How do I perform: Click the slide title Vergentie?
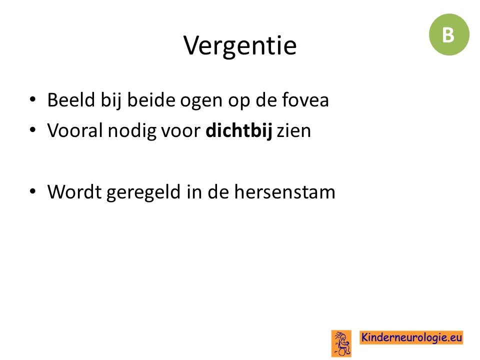click(240, 45)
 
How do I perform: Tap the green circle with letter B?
click(449, 34)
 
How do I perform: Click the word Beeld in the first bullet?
click(71, 100)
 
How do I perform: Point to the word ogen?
click(201, 101)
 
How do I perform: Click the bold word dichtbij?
click(239, 130)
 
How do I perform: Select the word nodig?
click(132, 131)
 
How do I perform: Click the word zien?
click(294, 130)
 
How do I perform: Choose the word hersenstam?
click(285, 192)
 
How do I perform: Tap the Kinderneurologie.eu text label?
click(411, 337)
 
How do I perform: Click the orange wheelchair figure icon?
click(341, 343)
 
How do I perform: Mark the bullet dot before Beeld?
click(33, 99)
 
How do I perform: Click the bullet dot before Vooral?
click(33, 130)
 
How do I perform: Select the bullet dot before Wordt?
click(33, 191)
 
